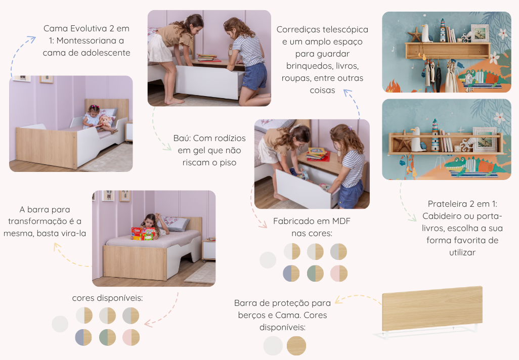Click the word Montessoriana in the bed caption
tap(90, 40)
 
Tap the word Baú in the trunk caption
tap(182, 138)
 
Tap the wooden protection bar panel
tap(433, 308)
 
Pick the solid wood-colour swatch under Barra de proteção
tap(296, 346)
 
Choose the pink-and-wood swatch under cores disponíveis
tap(131, 338)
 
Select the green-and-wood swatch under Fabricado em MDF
tap(315, 274)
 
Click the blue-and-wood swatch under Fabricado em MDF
tap(291, 274)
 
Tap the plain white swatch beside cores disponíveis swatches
tap(60, 324)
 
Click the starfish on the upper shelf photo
tap(415, 34)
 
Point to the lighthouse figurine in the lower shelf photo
tap(435, 135)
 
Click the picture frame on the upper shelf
tap(480, 33)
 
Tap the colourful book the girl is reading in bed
tap(144, 233)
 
